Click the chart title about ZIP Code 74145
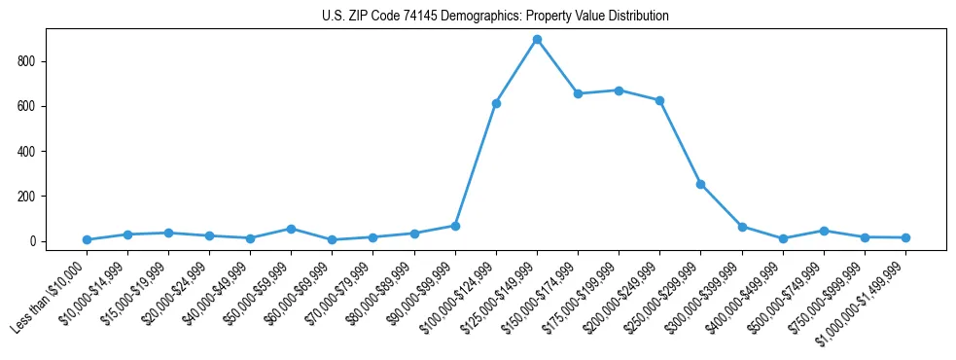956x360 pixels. (495, 17)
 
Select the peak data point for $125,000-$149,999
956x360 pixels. (537, 40)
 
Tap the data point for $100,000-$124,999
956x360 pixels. (496, 103)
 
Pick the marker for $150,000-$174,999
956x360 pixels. (578, 94)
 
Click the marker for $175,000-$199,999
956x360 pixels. (619, 90)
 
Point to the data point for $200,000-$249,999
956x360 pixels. (659, 100)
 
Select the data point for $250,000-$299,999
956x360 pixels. (700, 184)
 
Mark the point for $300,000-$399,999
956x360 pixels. (742, 227)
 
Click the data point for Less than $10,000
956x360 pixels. (87, 239)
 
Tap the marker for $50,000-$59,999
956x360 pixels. (291, 229)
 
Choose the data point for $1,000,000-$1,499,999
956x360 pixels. (905, 237)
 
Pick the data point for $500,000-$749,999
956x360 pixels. (824, 231)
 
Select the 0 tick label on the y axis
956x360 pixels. (33, 241)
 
